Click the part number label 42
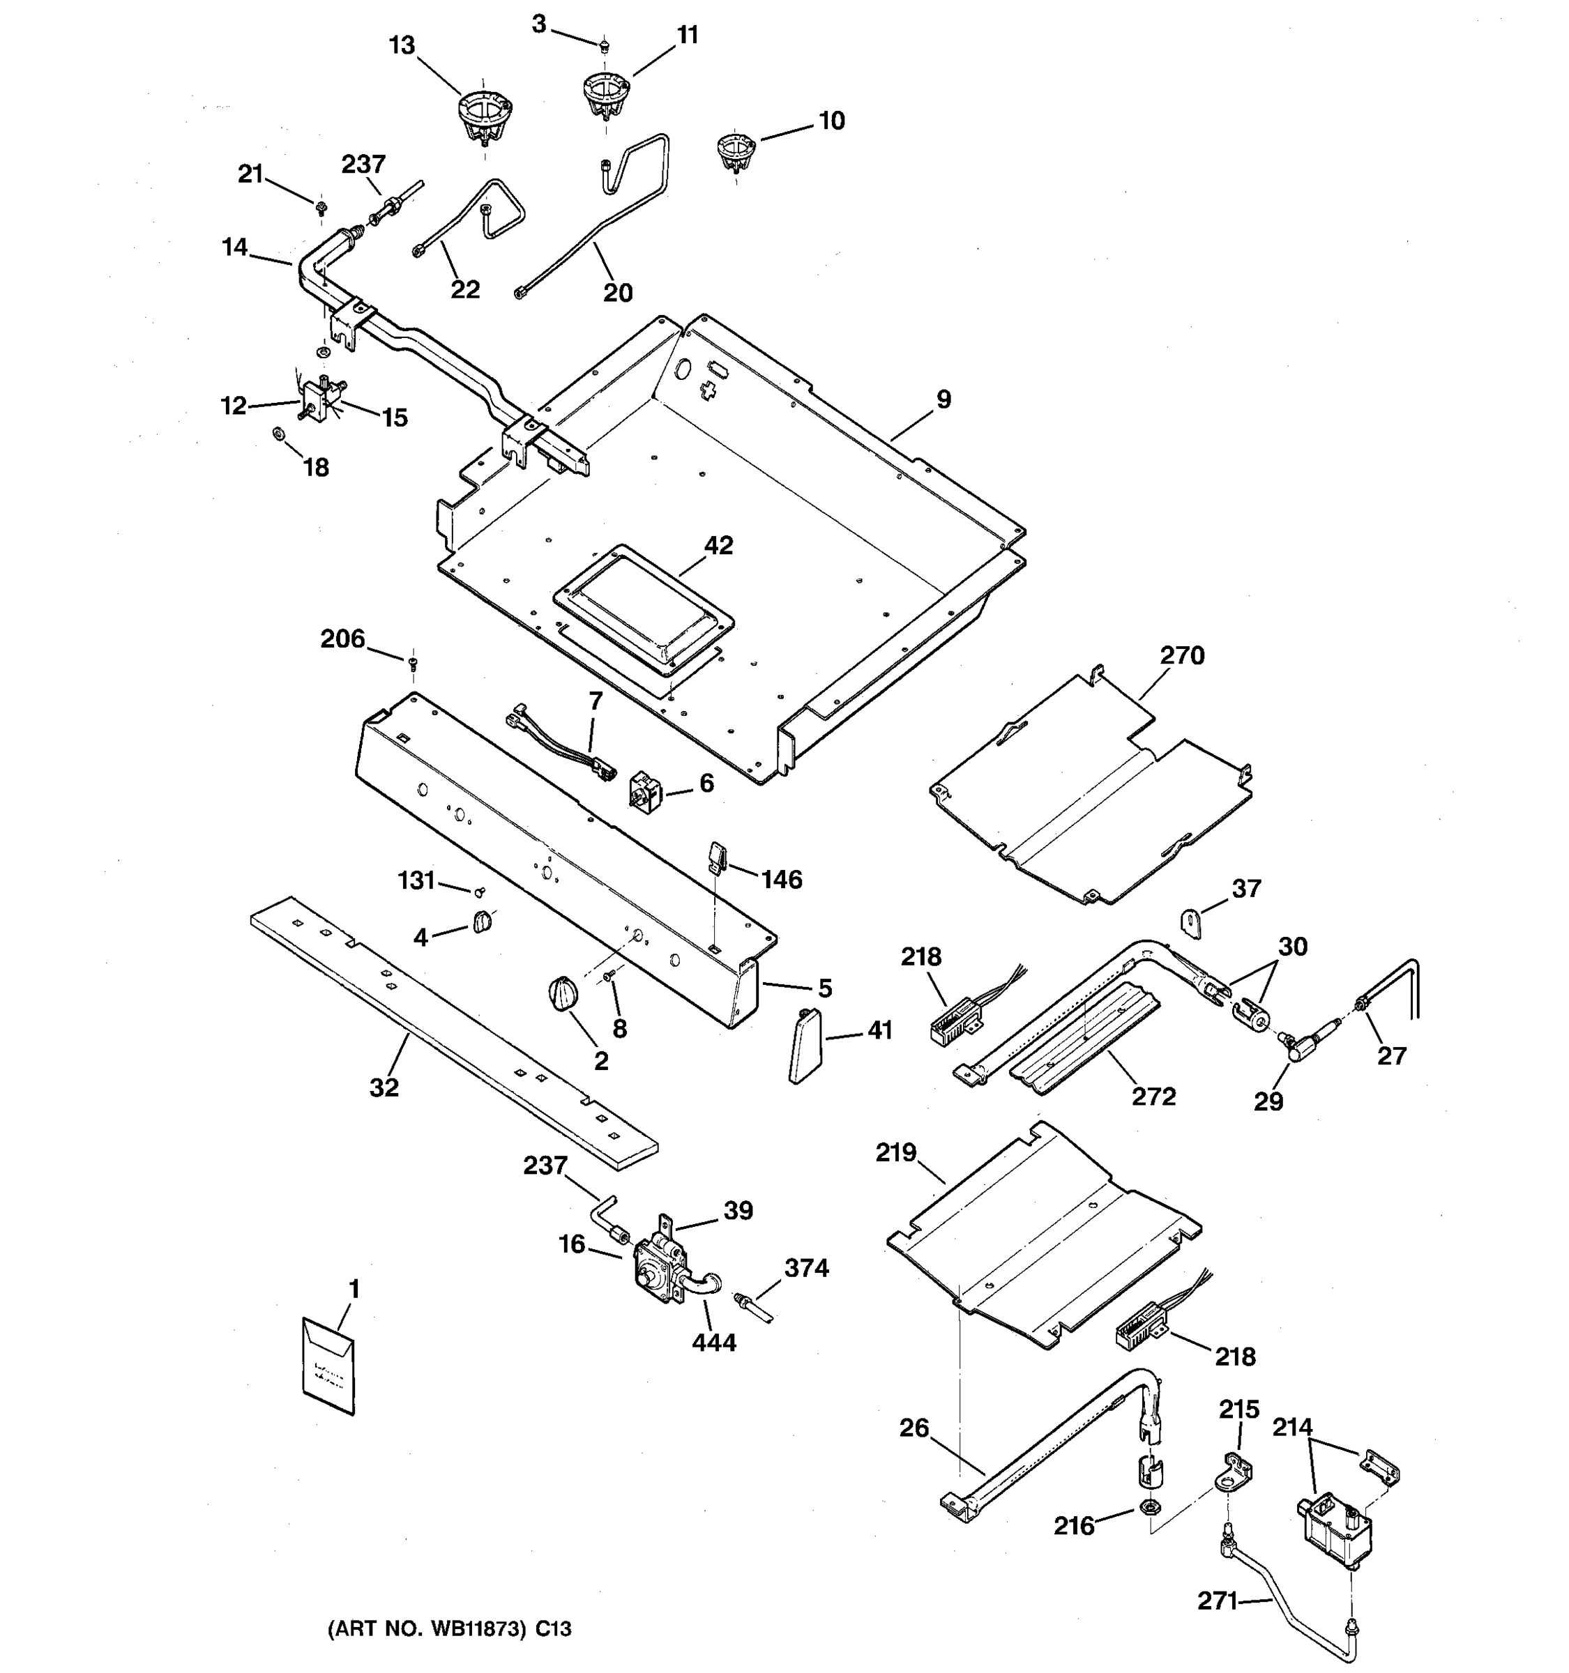click(718, 545)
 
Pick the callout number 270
click(1182, 655)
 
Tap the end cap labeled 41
click(805, 1046)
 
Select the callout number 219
click(895, 1153)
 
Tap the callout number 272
click(1153, 1097)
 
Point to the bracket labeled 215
click(1235, 1472)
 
